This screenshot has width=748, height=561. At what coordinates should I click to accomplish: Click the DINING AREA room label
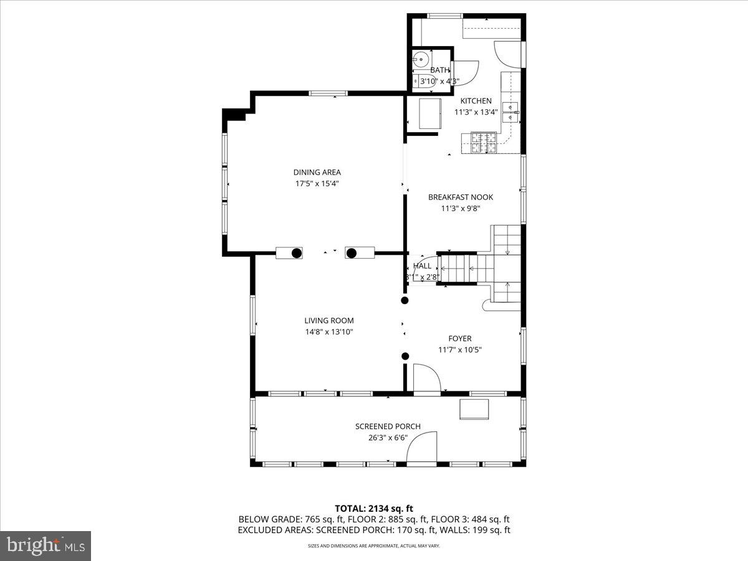[317, 172]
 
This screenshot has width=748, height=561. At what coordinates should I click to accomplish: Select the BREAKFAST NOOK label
[460, 197]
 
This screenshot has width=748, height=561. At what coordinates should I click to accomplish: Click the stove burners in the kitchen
[483, 143]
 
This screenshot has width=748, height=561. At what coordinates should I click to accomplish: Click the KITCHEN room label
[476, 101]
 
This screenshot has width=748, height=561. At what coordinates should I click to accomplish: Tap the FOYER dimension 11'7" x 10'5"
[460, 350]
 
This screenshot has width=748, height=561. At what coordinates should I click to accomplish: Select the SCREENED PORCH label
[388, 426]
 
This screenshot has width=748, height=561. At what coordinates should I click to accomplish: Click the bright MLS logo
[45, 546]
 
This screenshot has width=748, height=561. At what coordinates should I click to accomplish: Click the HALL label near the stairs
[422, 266]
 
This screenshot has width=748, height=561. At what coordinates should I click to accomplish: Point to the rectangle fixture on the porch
[474, 410]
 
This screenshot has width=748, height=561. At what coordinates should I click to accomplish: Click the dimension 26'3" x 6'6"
[388, 438]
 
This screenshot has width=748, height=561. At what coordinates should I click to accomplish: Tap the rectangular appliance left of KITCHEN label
[429, 113]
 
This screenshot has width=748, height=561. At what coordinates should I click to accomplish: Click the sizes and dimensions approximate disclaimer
[374, 546]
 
